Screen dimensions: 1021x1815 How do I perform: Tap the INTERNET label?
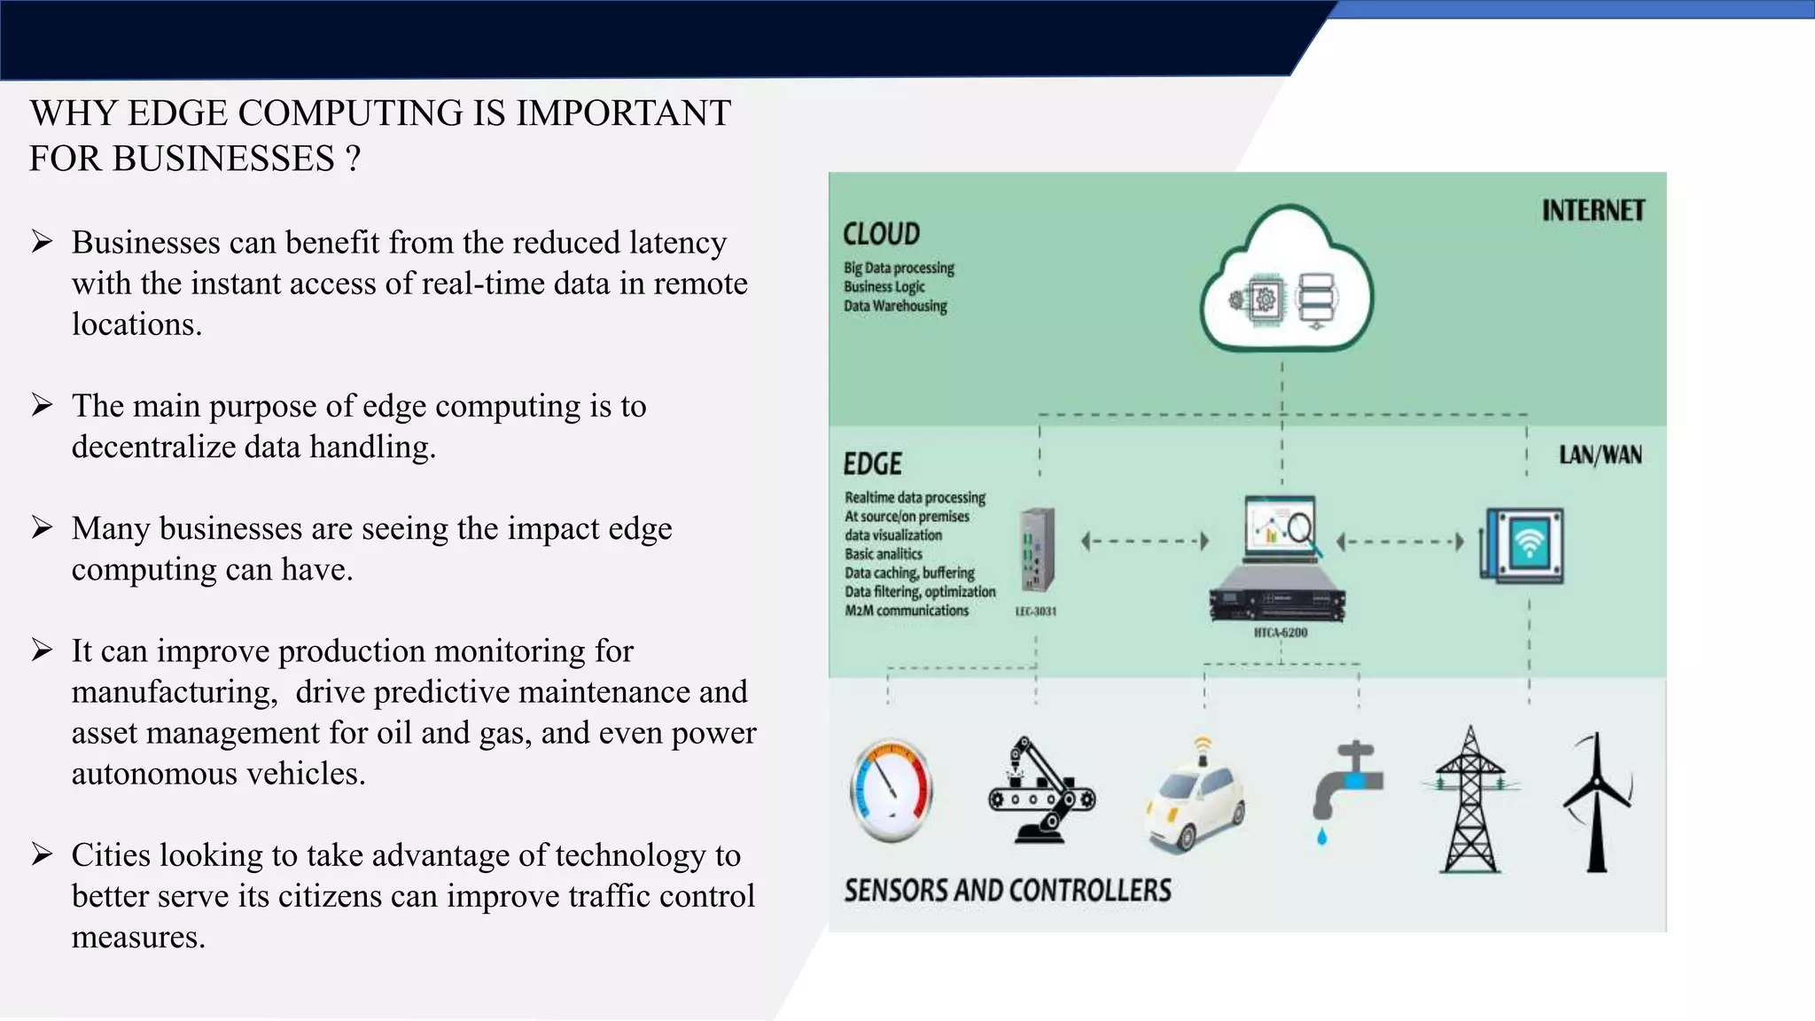pyautogui.click(x=1593, y=211)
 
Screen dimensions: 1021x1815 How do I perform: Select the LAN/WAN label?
pyautogui.click(x=1600, y=456)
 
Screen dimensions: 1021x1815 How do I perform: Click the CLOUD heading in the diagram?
pyautogui.click(x=881, y=234)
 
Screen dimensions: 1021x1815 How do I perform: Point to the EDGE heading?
pyautogui.click(x=872, y=464)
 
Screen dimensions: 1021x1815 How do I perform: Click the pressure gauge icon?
pyautogui.click(x=891, y=790)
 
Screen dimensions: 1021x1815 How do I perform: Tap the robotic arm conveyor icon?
pyautogui.click(x=1040, y=791)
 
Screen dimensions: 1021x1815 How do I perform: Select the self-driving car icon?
pyautogui.click(x=1195, y=798)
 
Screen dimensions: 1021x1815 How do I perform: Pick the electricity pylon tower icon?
pyautogui.click(x=1470, y=800)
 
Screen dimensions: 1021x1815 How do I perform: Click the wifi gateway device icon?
pyautogui.click(x=1522, y=545)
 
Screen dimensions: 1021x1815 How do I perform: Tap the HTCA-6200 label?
pyautogui.click(x=1280, y=633)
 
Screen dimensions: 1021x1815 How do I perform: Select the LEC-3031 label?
pyautogui.click(x=1035, y=612)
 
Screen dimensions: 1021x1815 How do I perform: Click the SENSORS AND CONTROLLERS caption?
pyautogui.click(x=1007, y=891)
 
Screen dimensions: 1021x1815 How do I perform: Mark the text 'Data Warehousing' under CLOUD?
pyautogui.click(x=895, y=306)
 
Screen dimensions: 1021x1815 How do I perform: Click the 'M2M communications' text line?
pyautogui.click(x=906, y=611)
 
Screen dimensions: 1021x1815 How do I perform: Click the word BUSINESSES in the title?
pyautogui.click(x=223, y=160)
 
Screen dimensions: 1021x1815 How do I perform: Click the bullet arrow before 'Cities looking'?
pyautogui.click(x=42, y=854)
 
